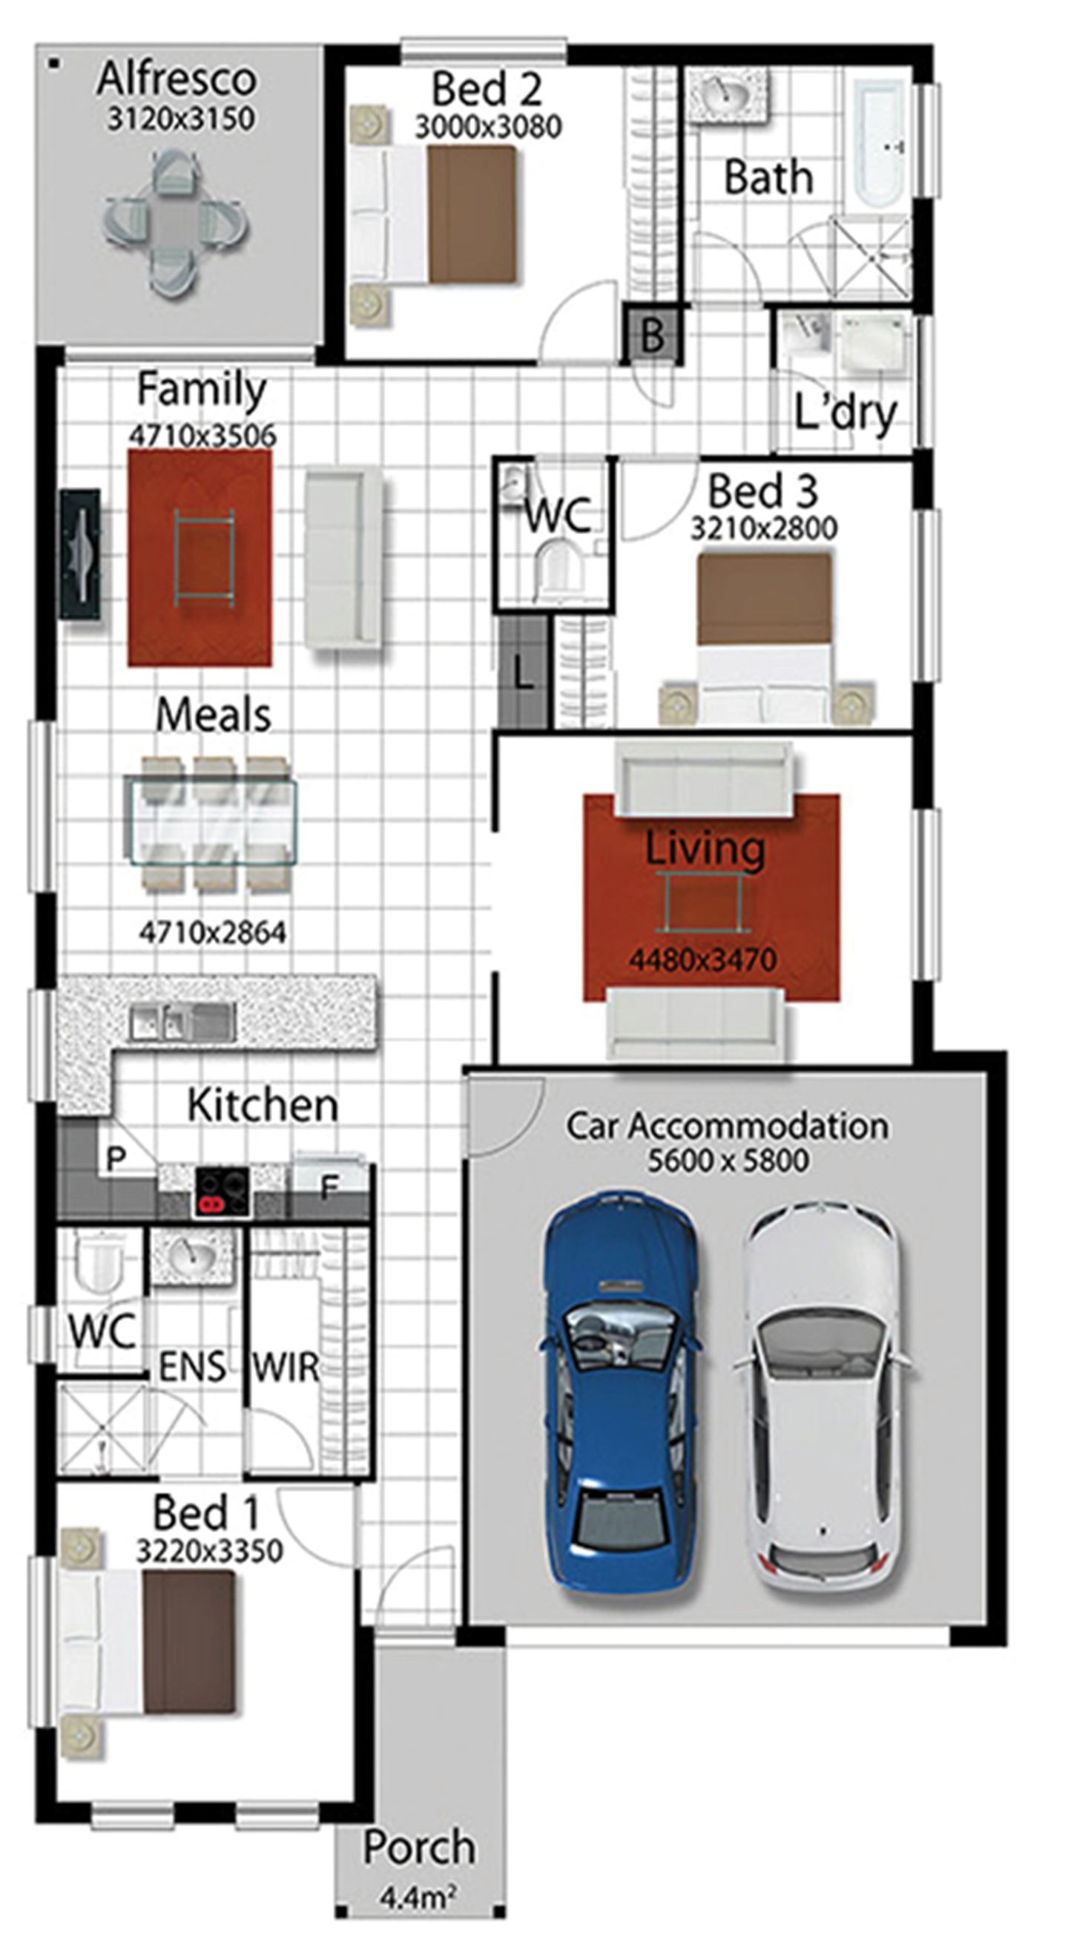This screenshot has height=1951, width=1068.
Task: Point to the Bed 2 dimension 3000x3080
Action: [488, 127]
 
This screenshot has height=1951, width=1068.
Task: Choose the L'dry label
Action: [845, 413]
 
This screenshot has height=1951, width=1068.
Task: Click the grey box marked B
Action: [653, 333]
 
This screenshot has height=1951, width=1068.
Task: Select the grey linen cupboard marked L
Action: [523, 672]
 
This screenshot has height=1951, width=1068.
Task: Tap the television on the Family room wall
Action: [80, 556]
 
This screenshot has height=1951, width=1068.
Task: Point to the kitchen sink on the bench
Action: [182, 1022]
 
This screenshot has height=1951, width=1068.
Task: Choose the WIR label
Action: [286, 1367]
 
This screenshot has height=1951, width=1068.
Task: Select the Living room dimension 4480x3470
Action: [703, 960]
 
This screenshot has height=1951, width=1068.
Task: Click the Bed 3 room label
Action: [763, 491]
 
